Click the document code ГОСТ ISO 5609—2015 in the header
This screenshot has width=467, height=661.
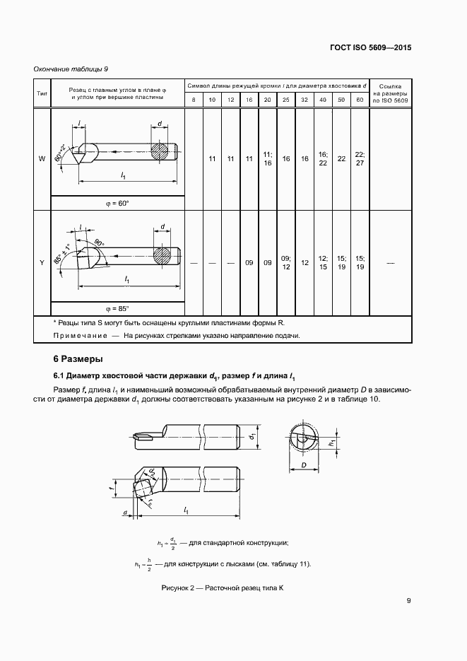370,49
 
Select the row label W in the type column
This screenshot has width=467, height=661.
42,158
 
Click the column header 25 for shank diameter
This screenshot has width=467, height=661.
285,100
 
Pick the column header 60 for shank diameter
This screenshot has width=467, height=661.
360,100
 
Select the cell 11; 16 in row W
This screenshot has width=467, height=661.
267,158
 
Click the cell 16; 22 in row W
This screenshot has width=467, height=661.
323,158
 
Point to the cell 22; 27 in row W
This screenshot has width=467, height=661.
360,158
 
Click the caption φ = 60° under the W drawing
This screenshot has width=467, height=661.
117,203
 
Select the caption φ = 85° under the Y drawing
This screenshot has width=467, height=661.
117,309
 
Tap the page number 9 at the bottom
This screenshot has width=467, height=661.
408,601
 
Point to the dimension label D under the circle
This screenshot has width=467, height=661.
302,467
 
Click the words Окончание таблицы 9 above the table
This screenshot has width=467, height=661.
71,69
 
